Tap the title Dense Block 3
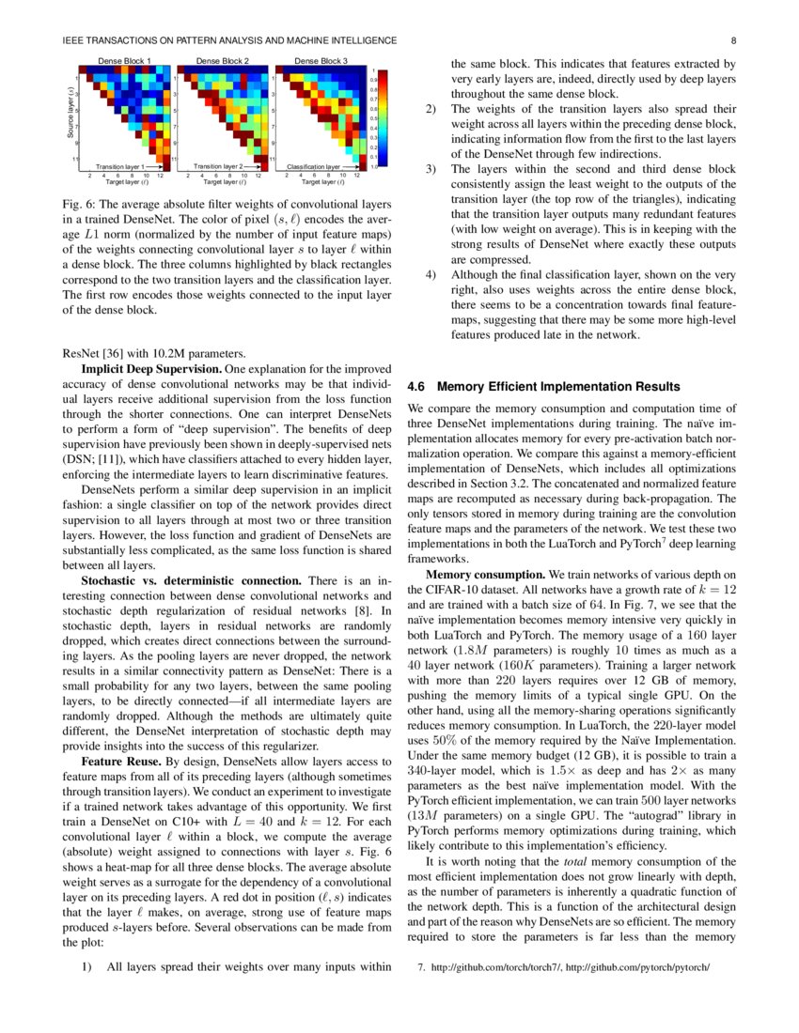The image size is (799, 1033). click(x=321, y=60)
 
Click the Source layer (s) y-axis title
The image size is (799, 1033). click(x=71, y=115)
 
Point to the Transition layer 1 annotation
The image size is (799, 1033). click(x=119, y=166)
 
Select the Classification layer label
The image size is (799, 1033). click(x=313, y=166)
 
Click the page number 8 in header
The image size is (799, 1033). click(x=732, y=40)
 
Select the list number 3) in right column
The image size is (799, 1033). click(x=431, y=169)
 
